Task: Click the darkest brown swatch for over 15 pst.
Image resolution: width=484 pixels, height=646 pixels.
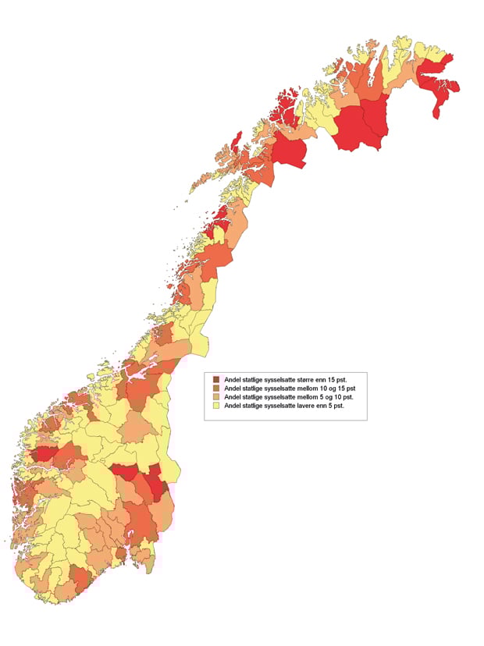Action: coord(216,379)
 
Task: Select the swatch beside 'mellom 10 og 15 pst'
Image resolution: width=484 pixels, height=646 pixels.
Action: coord(216,389)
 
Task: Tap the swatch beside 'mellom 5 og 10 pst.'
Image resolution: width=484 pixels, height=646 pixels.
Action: coord(216,398)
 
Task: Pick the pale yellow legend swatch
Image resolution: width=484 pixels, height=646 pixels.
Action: coord(216,407)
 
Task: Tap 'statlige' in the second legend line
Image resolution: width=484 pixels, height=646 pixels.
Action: coord(254,389)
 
